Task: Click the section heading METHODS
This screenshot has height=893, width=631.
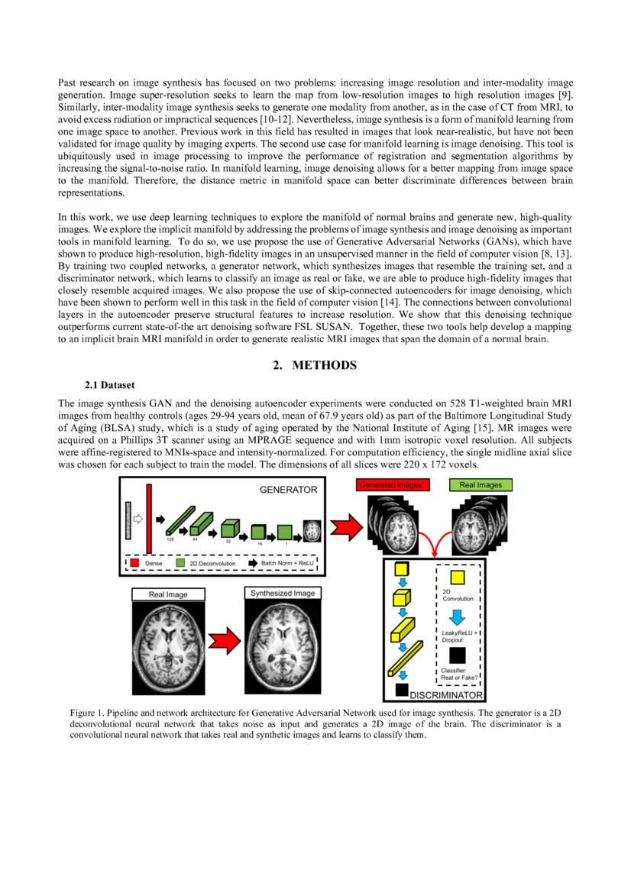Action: tap(315, 365)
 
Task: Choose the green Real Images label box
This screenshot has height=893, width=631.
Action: tap(481, 485)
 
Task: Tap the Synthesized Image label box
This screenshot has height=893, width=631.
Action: tap(283, 593)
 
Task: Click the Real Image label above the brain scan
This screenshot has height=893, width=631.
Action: tap(167, 594)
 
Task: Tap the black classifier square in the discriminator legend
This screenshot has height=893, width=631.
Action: tap(457, 654)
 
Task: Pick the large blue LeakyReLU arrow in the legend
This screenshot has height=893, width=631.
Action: tap(457, 616)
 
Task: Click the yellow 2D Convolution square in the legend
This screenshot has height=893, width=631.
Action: tap(457, 579)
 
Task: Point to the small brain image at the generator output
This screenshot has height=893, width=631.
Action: tap(313, 530)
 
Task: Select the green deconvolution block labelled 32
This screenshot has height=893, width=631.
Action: tap(230, 528)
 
